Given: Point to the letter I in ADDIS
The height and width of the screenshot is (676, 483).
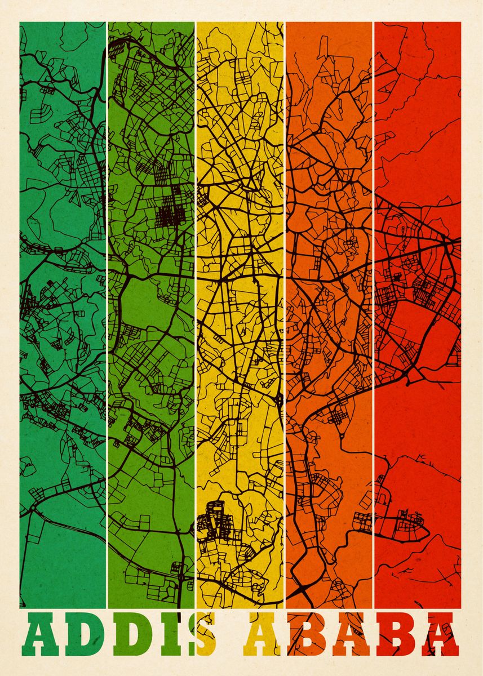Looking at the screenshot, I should (169, 637).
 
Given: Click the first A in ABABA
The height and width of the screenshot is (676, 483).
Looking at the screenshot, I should (264, 637).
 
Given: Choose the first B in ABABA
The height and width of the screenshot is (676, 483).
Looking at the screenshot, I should (308, 637).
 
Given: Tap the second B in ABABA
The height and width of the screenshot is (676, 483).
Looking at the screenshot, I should (396, 637).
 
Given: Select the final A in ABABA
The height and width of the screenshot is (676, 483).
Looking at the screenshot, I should (440, 637).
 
